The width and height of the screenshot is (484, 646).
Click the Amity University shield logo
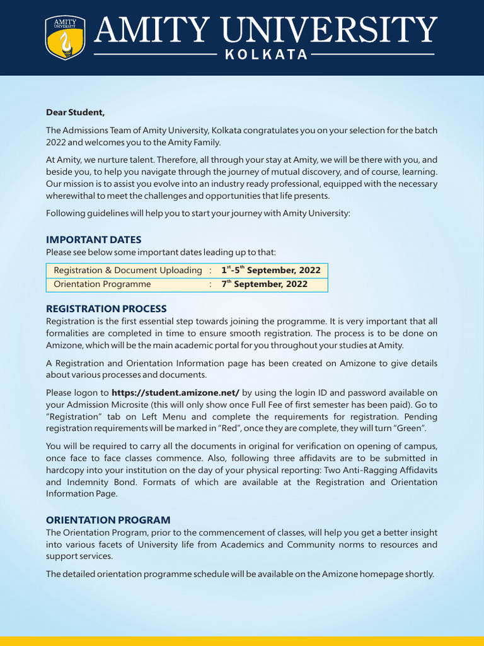(65, 37)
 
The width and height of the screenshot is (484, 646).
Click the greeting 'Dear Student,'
(75, 112)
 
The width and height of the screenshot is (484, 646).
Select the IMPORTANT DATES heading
(93, 240)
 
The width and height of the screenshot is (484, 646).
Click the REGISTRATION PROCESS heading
(106, 309)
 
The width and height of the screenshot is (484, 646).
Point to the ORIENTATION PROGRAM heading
(108, 520)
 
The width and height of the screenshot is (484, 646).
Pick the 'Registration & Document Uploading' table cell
(128, 270)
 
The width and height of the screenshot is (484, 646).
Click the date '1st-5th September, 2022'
(270, 270)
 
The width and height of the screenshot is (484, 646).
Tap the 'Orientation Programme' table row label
(102, 284)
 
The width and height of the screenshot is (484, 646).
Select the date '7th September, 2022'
(264, 284)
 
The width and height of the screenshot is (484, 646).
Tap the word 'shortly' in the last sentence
(418, 574)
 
